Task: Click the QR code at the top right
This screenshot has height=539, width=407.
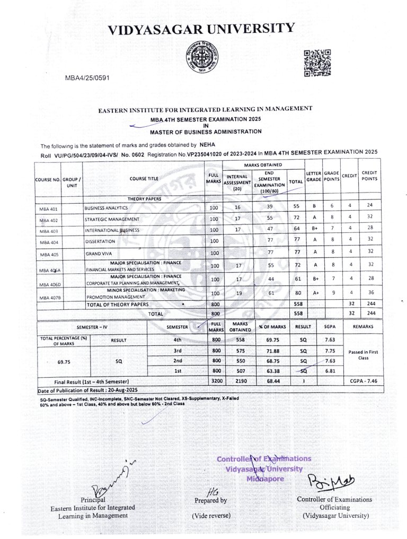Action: point(317,63)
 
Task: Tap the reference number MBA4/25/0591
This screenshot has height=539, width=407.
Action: point(87,78)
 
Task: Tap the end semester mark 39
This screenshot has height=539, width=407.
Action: point(270,207)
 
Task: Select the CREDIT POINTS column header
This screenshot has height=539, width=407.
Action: point(369,176)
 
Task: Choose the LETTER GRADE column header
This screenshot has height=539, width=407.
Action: point(314,176)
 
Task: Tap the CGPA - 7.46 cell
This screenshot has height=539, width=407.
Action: point(363,381)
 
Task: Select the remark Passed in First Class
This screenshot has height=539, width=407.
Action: point(363,354)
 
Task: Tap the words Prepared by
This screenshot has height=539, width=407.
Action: point(210,500)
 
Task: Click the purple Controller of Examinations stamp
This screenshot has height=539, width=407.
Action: point(264,468)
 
